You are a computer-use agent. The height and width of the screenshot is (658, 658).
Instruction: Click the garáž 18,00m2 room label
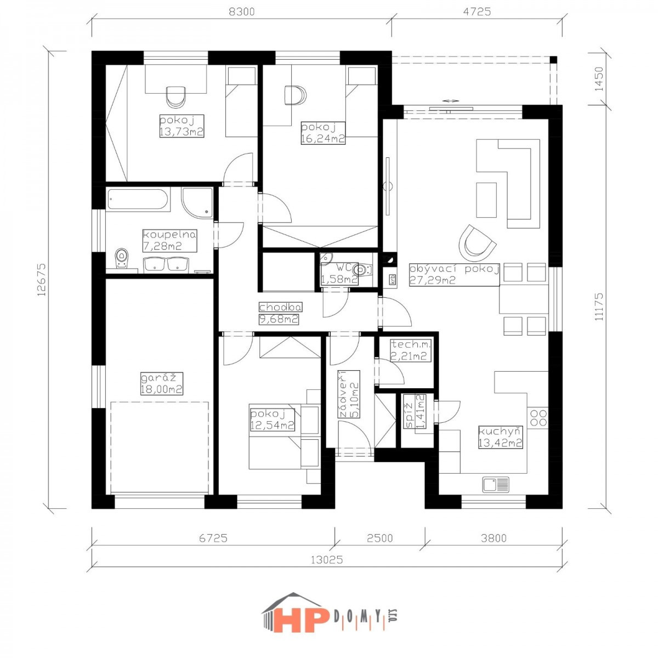(x=162, y=383)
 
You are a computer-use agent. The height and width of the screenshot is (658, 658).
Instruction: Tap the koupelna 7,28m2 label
(x=169, y=241)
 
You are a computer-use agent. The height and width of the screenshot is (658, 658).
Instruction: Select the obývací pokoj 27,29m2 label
(x=454, y=275)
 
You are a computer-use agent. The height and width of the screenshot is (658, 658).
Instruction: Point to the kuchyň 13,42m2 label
(x=501, y=437)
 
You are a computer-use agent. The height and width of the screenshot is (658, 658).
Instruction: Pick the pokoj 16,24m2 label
(x=323, y=133)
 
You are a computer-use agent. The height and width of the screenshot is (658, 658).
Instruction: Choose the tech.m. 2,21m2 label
(x=411, y=350)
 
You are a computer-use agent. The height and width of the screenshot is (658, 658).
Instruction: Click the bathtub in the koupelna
(x=138, y=200)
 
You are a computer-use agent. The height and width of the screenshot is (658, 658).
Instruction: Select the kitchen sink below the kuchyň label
(x=496, y=485)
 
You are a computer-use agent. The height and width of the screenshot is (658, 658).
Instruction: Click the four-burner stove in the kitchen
(x=538, y=418)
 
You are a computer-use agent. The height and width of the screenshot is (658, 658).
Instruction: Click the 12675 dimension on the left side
(x=41, y=279)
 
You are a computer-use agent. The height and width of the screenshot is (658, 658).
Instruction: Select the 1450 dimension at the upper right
(x=599, y=79)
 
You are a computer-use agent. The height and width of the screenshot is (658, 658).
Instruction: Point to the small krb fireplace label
(x=393, y=280)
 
